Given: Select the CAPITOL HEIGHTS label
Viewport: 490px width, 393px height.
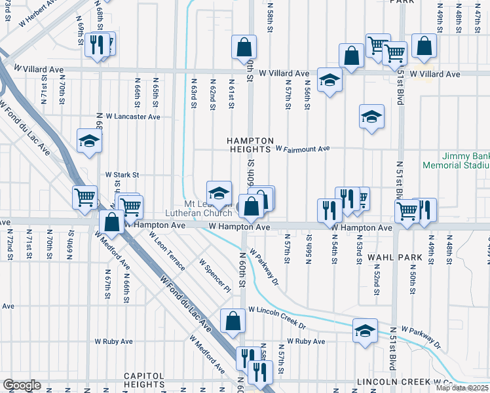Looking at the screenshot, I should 143,380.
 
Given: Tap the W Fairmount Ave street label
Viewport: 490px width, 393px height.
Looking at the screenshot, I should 302,149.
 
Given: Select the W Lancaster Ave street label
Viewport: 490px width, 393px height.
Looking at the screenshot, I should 132,117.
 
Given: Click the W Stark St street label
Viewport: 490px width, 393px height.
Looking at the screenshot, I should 122,175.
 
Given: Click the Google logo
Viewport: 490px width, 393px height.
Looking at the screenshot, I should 22,384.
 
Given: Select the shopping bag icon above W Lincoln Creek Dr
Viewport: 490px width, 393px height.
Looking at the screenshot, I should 233,320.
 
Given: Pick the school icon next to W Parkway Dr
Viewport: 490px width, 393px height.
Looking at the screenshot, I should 365,331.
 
